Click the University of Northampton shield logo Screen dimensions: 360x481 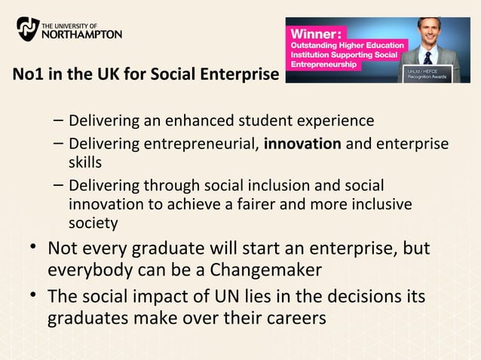(x=28, y=29)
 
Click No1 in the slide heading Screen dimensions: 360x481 (x=26, y=75)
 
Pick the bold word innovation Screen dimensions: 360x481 (x=302, y=143)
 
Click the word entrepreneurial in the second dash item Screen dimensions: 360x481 (x=204, y=143)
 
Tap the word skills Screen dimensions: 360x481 (x=85, y=162)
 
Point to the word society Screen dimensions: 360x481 (x=93, y=223)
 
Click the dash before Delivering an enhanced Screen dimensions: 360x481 (x=59, y=120)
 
